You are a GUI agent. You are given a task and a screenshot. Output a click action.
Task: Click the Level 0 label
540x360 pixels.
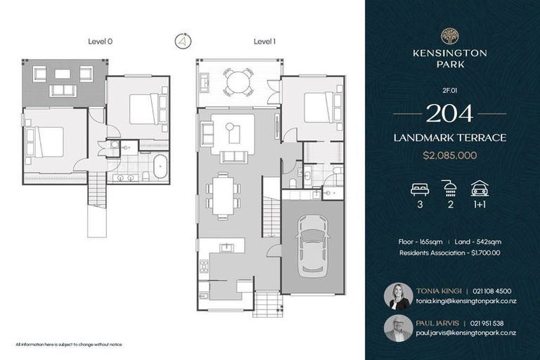click(101, 41)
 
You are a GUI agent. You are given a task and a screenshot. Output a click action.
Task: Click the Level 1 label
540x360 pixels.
click(264, 41)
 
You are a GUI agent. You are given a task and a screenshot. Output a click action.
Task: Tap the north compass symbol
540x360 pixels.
click(183, 41)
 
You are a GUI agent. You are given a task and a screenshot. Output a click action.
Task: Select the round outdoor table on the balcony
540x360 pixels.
click(238, 82)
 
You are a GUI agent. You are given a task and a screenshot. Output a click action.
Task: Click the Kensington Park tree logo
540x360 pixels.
click(449, 36)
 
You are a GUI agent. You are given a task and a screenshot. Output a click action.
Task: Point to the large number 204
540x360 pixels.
click(449, 112)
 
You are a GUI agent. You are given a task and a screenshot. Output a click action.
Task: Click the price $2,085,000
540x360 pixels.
click(449, 155)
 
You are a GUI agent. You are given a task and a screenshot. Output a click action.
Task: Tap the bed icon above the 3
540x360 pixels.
click(419, 188)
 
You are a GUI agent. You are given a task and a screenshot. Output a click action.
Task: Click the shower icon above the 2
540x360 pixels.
click(449, 188)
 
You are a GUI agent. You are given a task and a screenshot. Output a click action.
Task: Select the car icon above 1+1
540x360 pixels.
click(480, 188)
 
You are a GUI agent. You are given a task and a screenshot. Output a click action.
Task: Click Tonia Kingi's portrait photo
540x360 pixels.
click(398, 296)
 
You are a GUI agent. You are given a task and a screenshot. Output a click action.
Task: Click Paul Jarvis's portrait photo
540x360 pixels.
click(398, 328)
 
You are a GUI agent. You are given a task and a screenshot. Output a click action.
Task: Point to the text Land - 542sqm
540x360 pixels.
click(477, 242)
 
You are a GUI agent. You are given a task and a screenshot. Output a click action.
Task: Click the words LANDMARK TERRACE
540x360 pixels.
click(449, 138)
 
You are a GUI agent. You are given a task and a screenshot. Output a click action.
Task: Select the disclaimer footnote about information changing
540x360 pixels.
click(69, 345)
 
